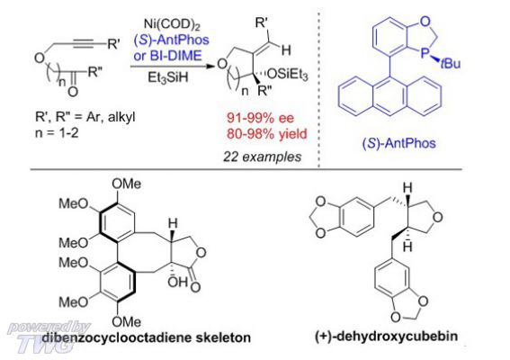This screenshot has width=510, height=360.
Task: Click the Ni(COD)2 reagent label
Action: click(172, 24)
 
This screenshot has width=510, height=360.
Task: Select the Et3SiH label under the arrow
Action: click(168, 77)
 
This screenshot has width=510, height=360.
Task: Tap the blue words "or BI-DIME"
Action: click(167, 55)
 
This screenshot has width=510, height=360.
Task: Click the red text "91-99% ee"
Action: click(260, 118)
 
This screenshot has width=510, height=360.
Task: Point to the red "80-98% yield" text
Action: click(267, 133)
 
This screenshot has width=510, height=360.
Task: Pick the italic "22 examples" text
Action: click(262, 157)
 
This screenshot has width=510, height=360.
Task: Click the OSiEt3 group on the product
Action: click(287, 75)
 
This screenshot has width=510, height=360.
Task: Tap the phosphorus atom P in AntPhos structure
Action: click(425, 53)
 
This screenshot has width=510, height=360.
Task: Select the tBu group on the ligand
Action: click(450, 63)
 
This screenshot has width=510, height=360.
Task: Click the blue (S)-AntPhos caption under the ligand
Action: click(399, 143)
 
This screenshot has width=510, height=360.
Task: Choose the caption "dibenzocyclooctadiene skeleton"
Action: click(147, 337)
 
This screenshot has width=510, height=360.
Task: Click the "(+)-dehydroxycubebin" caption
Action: click(386, 336)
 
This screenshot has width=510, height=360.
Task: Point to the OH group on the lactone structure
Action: click(177, 282)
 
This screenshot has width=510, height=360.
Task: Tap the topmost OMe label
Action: click(126, 184)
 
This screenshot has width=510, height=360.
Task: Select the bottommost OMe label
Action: click(126, 322)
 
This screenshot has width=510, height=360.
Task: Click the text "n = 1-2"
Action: click(57, 133)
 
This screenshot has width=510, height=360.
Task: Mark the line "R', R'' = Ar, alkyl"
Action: click(85, 117)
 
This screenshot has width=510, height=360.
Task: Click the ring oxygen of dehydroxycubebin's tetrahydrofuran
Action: click(438, 217)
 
